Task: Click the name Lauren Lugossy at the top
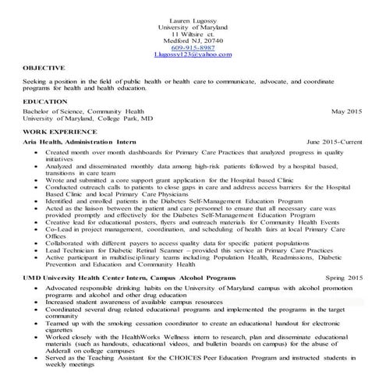[x=193, y=19]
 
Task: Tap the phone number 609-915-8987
[x=193, y=47]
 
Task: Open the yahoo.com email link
[x=193, y=55]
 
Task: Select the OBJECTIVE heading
[x=44, y=69]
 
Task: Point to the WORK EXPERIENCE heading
[x=59, y=133]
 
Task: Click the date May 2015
[x=346, y=112]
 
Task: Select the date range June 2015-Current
[x=335, y=143]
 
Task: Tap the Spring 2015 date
[x=343, y=278]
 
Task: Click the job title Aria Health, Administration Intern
[x=80, y=143]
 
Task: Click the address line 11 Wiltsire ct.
[x=193, y=33]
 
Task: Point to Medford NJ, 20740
[x=193, y=40]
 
